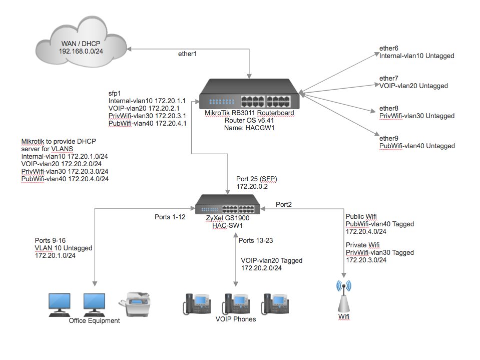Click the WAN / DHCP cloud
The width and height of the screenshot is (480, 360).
(x=80, y=47)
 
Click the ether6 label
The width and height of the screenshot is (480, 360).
(x=389, y=48)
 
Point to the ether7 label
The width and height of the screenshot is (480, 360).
(x=389, y=78)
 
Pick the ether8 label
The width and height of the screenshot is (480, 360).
(x=389, y=108)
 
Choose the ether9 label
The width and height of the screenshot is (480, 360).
(x=389, y=138)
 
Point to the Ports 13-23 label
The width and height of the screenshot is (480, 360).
(x=256, y=240)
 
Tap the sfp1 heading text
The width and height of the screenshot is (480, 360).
(x=115, y=93)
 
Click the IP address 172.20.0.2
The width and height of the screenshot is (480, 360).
(x=253, y=186)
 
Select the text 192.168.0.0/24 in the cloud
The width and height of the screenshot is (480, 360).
(x=81, y=51)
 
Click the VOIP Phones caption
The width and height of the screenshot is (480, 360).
(x=235, y=319)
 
